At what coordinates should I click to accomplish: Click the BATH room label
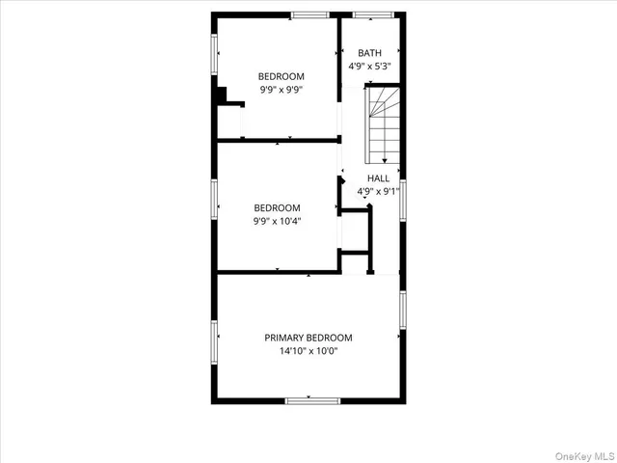[x=370, y=53]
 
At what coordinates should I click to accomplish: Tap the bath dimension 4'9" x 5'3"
[x=370, y=67]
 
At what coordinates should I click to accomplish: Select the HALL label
[x=378, y=178]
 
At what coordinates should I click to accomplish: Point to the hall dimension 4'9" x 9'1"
[x=378, y=192]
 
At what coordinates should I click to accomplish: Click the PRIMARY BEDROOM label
[x=308, y=338]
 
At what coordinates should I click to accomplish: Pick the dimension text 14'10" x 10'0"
[x=308, y=351]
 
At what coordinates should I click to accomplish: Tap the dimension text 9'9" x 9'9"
[x=282, y=90]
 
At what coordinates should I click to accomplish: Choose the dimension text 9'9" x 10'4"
[x=277, y=221]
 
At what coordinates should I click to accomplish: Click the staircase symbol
[x=383, y=123]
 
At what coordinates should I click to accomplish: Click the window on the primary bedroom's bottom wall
[x=308, y=400]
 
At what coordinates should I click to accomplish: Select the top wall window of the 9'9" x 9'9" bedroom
[x=308, y=14]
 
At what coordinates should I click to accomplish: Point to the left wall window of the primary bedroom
[x=214, y=338]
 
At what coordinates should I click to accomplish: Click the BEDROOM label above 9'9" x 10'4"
[x=277, y=207]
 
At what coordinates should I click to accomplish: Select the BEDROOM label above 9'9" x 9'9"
[x=282, y=76]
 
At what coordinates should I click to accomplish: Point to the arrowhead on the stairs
[x=385, y=160]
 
